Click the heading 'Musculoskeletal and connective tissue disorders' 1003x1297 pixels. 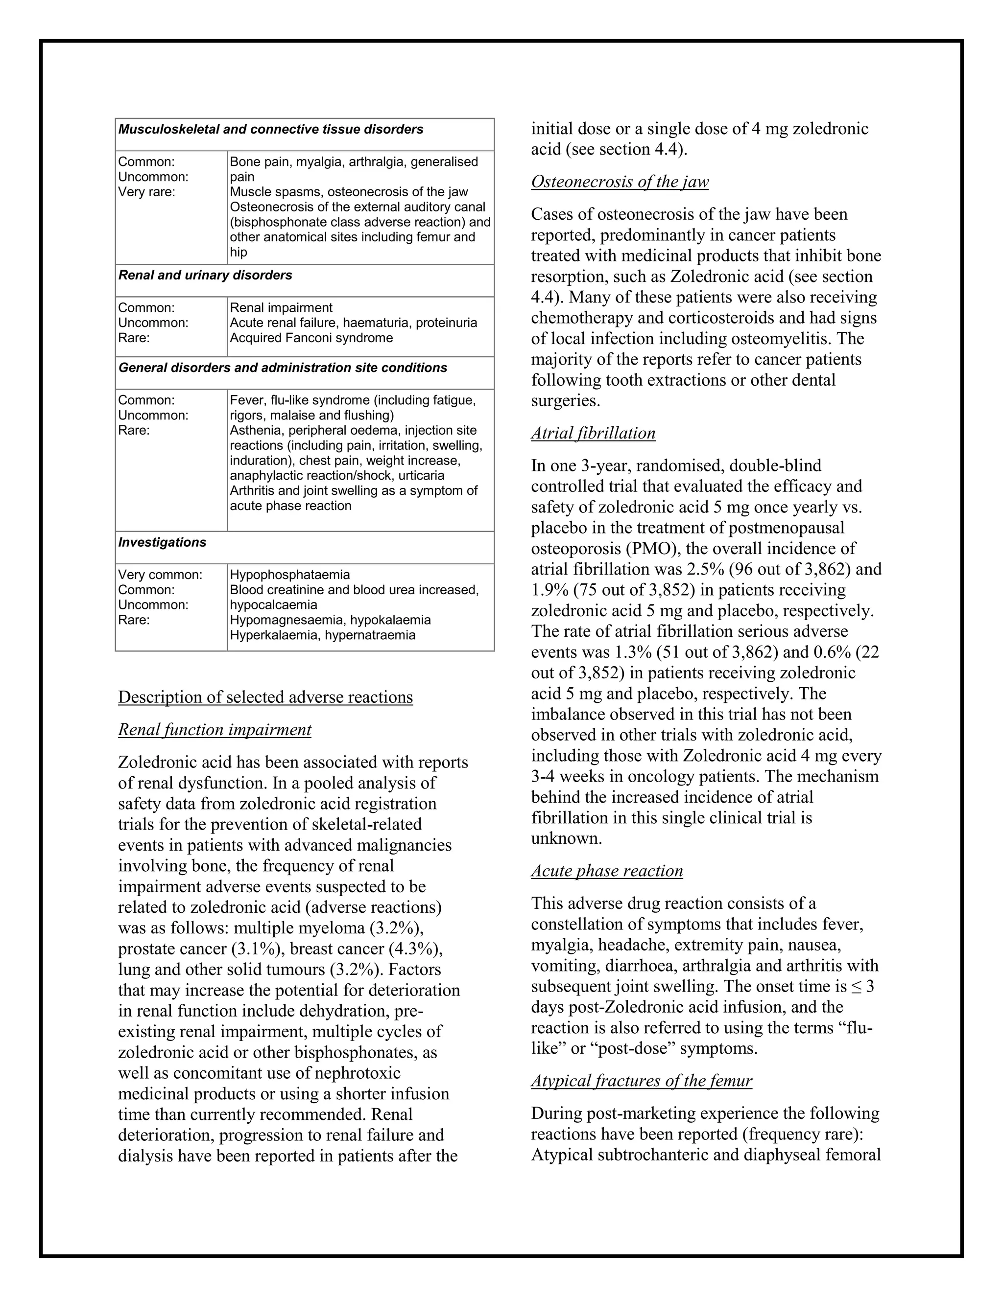270,130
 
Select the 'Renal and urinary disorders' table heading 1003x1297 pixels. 205,276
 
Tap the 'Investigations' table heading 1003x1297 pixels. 162,542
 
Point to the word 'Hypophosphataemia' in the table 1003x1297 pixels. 289,575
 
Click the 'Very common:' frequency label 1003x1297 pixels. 160,575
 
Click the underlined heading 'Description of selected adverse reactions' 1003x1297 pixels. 265,696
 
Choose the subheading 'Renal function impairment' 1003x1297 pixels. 215,729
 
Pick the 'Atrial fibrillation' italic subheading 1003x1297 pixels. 593,433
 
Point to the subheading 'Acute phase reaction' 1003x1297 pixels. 607,871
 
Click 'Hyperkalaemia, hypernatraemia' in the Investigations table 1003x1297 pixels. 323,635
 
